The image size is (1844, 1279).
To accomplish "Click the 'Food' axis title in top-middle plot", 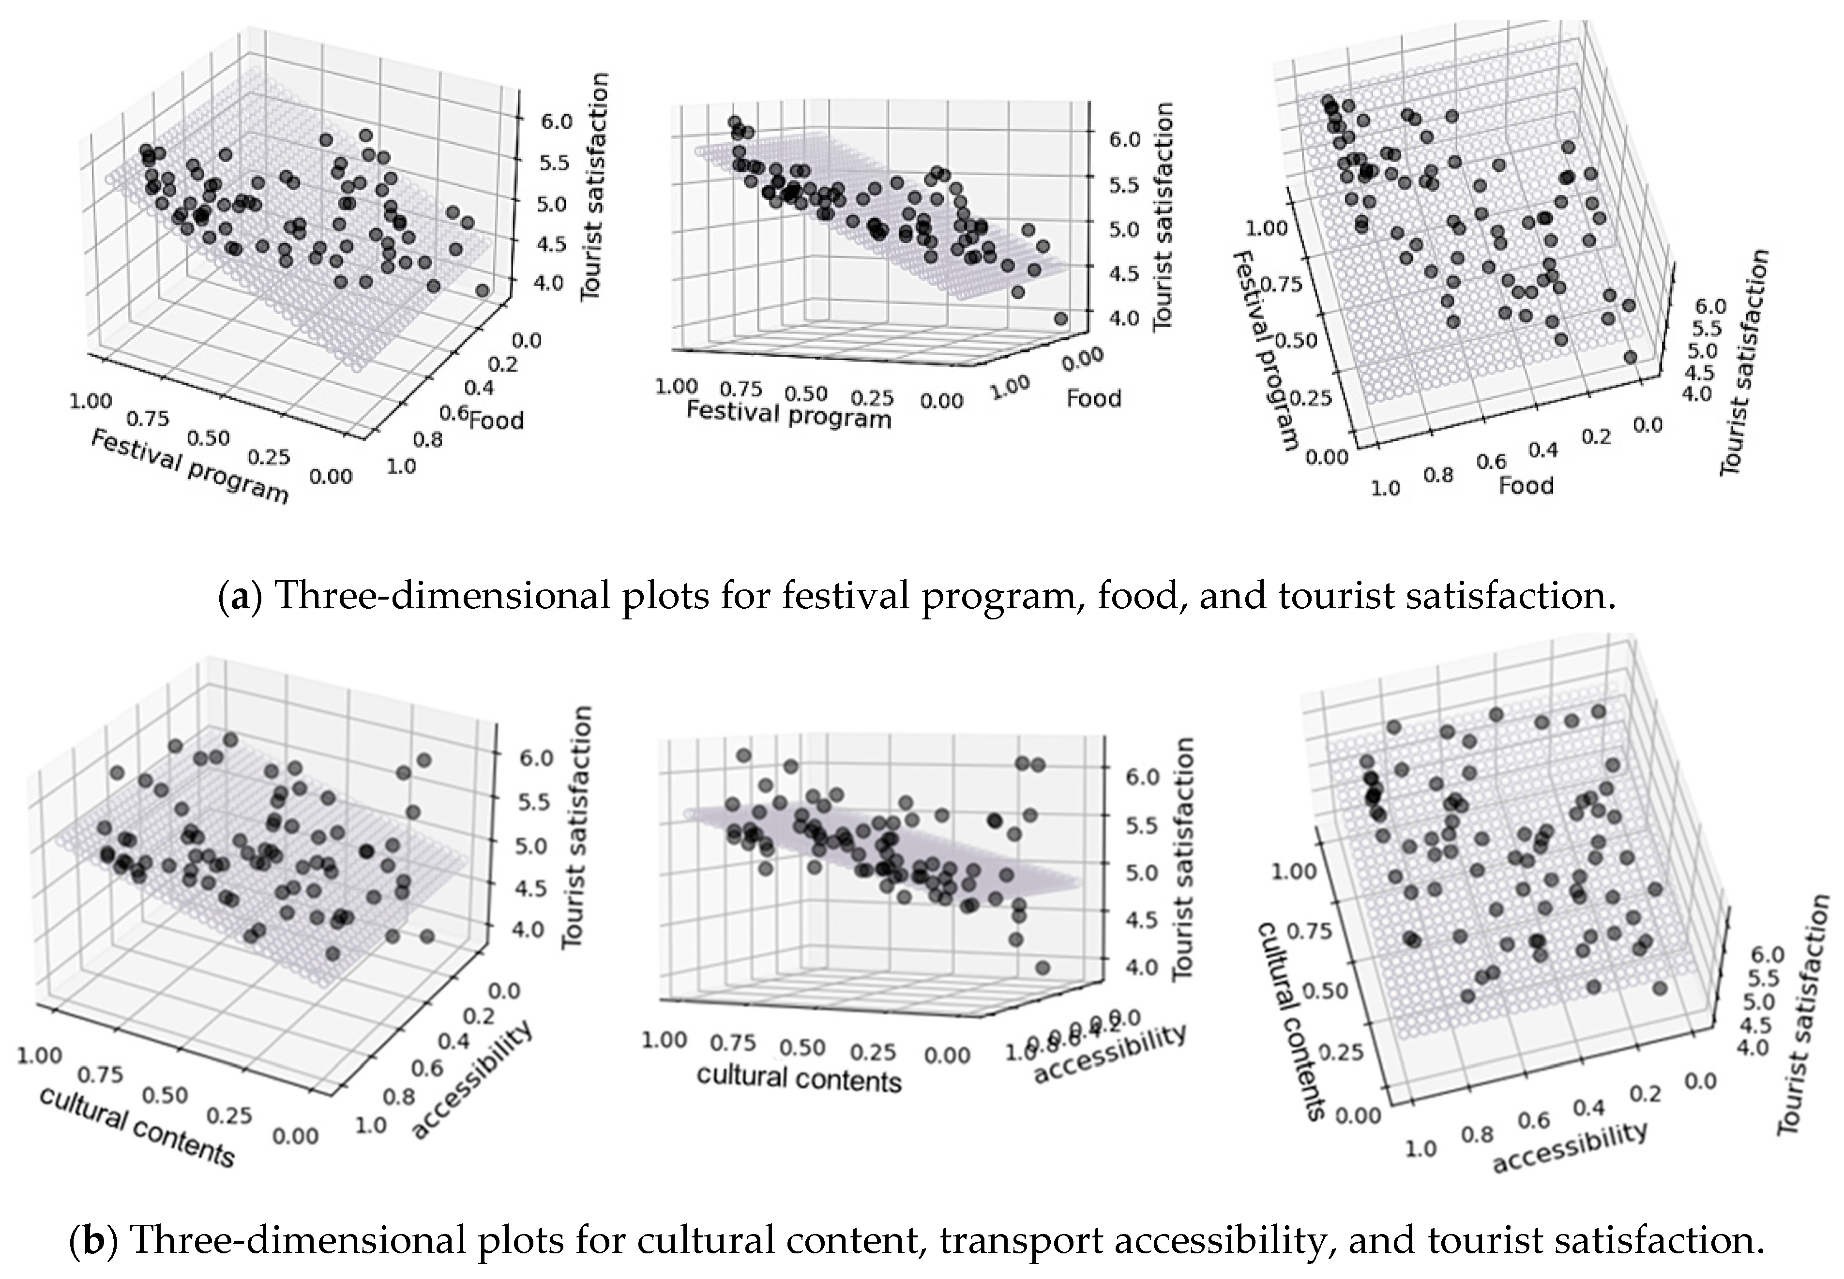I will (x=1093, y=398).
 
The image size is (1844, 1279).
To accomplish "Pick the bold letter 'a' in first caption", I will (x=239, y=597).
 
